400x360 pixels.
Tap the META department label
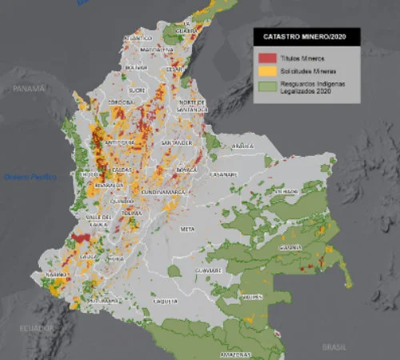point(188,229)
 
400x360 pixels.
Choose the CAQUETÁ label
point(165,301)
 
